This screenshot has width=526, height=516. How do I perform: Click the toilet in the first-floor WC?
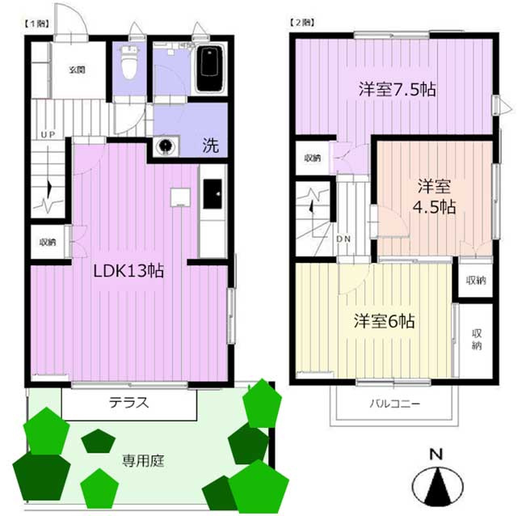(x=129, y=63)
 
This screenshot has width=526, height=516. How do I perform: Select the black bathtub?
(x=209, y=69)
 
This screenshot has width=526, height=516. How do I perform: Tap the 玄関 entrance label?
(x=77, y=70)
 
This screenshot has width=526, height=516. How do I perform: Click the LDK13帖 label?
(x=128, y=271)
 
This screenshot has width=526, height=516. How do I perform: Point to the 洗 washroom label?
(x=211, y=146)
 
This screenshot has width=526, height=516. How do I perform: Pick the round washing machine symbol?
(x=166, y=146)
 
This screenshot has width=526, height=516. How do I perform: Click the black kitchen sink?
(x=213, y=194)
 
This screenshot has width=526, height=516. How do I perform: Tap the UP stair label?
(x=48, y=135)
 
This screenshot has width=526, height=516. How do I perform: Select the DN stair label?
(x=343, y=239)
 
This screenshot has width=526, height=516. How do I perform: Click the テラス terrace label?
(x=128, y=402)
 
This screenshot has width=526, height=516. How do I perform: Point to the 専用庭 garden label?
(x=143, y=461)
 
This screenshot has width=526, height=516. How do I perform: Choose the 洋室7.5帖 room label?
(x=398, y=90)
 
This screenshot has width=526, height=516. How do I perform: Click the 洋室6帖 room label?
(x=385, y=321)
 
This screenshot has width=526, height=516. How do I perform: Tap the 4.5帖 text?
(x=434, y=207)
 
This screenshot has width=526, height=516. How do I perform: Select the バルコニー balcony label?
(x=395, y=404)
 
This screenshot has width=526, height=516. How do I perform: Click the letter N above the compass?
(x=436, y=455)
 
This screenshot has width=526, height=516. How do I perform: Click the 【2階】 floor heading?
(x=301, y=23)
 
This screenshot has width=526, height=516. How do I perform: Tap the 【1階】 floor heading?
(x=36, y=23)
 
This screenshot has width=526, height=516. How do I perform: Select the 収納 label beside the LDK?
(x=48, y=242)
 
